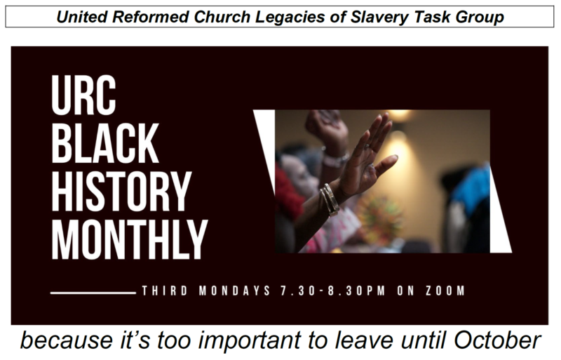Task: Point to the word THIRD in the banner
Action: click(164, 291)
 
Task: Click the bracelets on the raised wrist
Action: click(330, 200)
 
